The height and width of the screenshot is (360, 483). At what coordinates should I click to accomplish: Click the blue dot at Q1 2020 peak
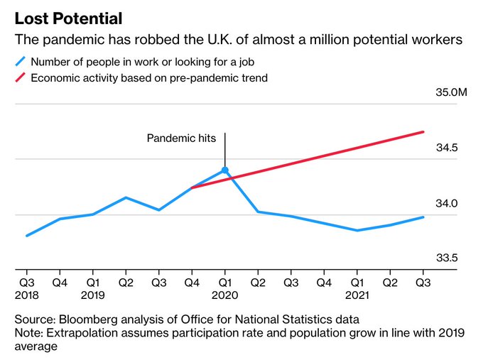click(225, 170)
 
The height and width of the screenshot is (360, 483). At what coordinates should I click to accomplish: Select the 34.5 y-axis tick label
click(447, 148)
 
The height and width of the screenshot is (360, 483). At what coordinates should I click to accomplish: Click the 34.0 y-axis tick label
click(447, 203)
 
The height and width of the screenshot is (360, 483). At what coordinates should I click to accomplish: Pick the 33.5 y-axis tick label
click(447, 258)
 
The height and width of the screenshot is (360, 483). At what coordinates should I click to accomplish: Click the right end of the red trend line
click(423, 132)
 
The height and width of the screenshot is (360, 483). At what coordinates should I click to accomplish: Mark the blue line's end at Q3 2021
click(423, 217)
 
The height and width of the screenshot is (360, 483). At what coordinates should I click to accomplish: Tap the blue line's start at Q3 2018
click(27, 235)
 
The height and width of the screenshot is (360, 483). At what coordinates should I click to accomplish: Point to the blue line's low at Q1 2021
click(357, 230)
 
